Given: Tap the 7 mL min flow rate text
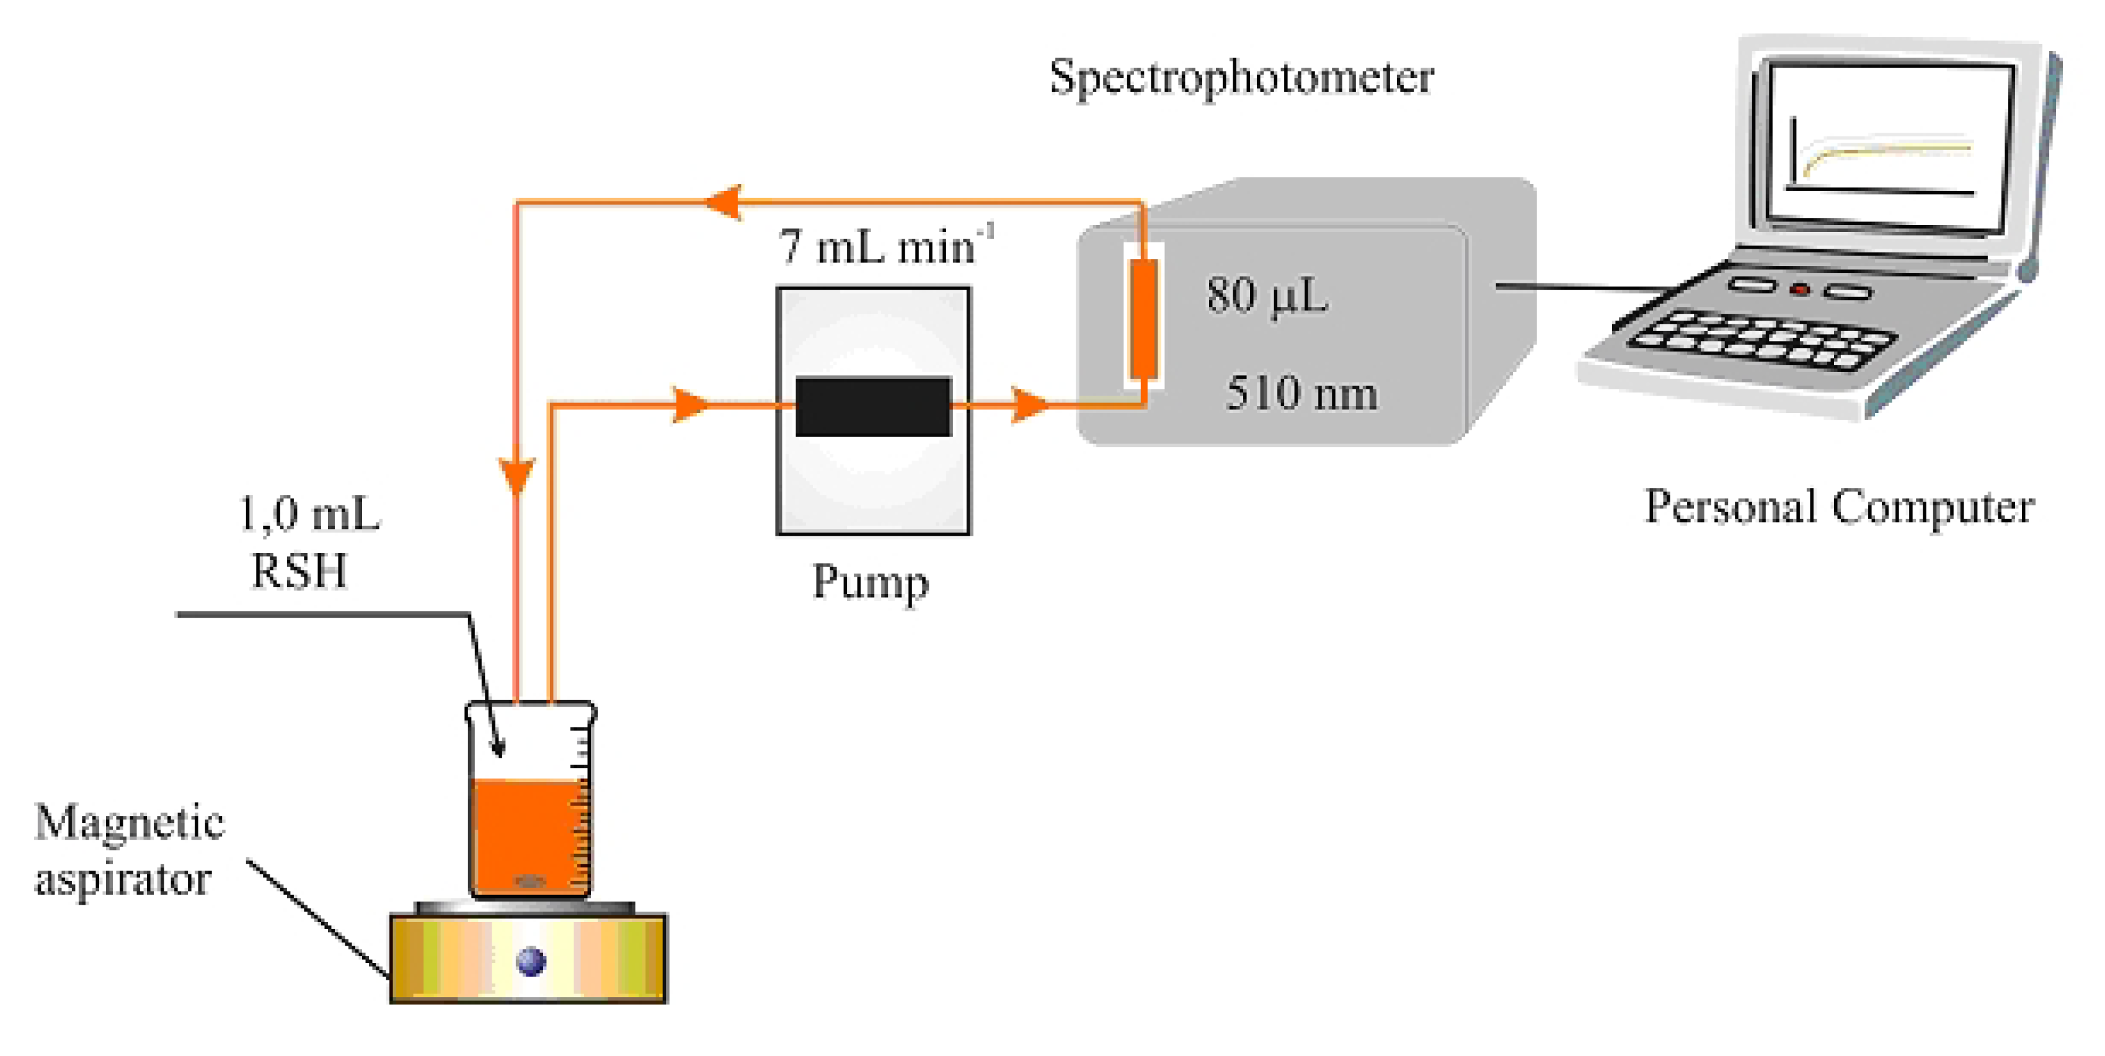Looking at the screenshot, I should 882,247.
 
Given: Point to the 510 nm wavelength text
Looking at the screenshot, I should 1301,394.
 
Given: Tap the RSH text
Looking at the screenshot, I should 299,570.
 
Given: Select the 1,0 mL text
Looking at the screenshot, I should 309,515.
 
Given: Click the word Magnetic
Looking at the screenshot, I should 129,822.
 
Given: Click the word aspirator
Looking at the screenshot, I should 123,879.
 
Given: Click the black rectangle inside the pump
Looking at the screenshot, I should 873,406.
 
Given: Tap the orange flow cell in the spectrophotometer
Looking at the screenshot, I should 1143,319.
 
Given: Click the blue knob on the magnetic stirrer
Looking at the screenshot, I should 531,961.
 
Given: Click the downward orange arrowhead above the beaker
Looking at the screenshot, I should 516,474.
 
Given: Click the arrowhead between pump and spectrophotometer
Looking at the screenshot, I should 1028,404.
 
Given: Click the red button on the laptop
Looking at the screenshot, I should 1799,290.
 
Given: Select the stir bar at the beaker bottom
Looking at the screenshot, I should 530,882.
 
